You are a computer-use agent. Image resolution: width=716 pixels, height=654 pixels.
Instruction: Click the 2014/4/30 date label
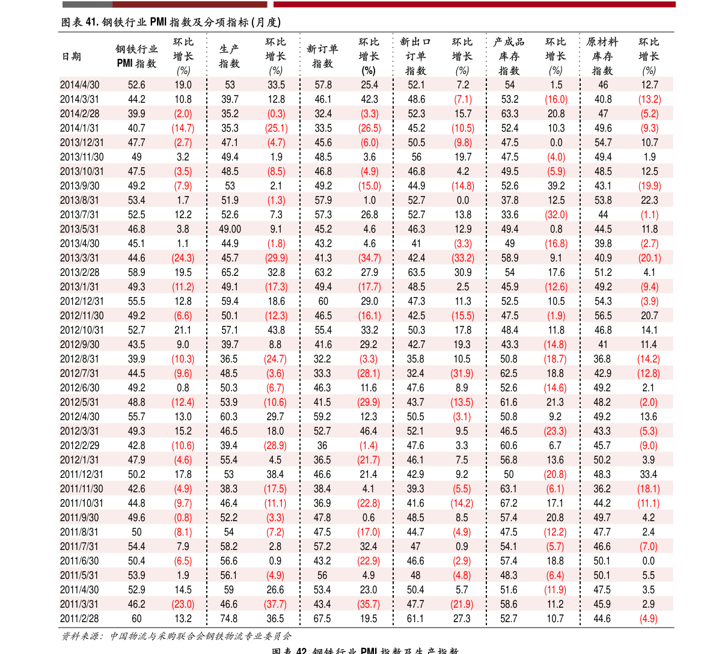[80, 85]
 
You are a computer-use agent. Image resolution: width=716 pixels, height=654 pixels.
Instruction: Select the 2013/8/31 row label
[80, 200]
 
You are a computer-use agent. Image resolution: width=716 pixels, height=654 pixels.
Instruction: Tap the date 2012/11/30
[82, 316]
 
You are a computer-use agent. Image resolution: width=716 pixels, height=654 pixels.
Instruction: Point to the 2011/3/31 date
[80, 604]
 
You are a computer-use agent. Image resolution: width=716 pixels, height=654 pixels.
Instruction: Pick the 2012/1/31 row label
[80, 460]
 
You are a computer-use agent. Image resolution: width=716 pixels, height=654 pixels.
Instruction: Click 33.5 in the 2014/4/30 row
[277, 85]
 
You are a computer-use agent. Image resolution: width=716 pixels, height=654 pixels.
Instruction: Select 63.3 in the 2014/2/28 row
[510, 114]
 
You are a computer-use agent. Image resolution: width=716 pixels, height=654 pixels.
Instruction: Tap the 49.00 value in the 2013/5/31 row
[230, 229]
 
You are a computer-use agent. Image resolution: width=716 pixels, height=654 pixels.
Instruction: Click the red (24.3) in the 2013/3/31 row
[183, 258]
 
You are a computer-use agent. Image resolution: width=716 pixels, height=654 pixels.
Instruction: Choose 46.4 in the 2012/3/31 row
[369, 431]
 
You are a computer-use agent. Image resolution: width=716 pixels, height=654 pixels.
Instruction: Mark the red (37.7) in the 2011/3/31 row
[276, 604]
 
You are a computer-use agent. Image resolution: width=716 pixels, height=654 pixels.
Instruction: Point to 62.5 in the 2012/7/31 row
[509, 373]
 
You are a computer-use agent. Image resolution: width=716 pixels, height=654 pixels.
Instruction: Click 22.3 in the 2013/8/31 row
[650, 200]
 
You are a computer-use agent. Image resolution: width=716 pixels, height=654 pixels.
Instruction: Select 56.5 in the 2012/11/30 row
[603, 316]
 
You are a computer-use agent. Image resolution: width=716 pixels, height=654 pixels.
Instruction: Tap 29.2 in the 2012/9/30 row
[369, 344]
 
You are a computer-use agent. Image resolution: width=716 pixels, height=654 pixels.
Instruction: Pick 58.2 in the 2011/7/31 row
[229, 546]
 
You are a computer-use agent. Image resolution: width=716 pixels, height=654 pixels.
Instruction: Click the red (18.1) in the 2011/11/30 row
[649, 489]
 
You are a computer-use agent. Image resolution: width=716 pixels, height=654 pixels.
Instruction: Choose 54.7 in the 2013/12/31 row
[603, 142]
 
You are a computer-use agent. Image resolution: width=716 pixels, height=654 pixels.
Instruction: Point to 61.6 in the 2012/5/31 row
[509, 402]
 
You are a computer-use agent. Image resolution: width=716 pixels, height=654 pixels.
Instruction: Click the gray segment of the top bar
[87, 4]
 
